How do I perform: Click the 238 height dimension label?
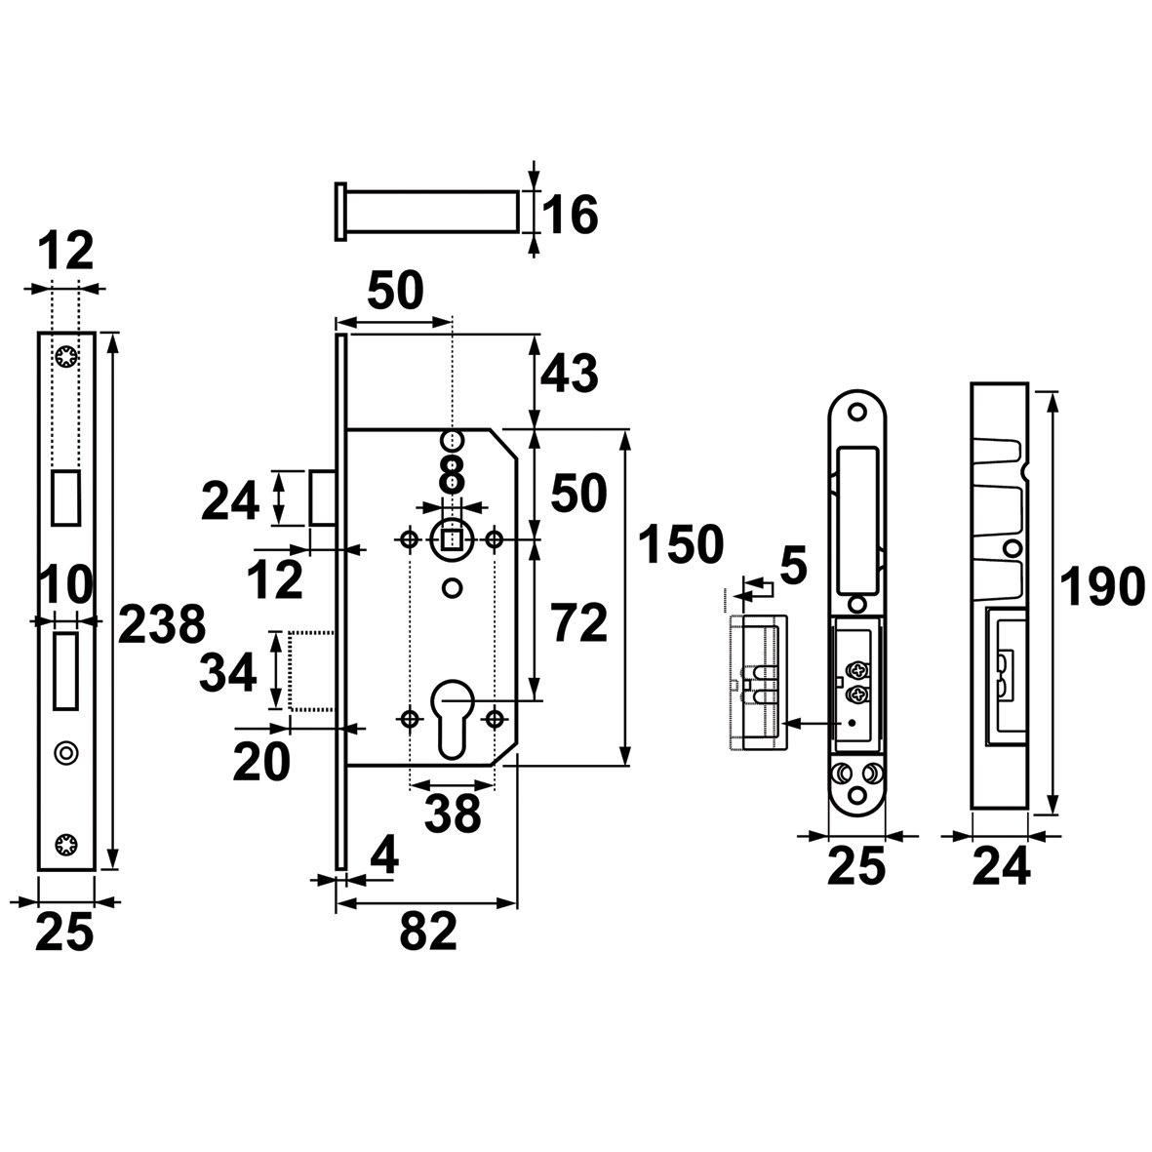[162, 625]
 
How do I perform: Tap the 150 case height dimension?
[681, 544]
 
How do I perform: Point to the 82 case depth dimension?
[428, 932]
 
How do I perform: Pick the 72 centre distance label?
[579, 623]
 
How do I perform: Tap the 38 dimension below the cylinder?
[453, 814]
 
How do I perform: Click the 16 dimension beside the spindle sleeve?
[570, 215]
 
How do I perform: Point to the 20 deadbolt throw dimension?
[261, 763]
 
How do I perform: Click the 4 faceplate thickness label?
[383, 855]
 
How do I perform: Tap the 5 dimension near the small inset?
[793, 567]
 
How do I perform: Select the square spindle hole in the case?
[452, 540]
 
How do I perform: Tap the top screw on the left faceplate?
[66, 359]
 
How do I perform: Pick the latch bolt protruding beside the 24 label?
[322, 497]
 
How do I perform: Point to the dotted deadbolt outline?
[312, 670]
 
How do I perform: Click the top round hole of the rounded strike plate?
[855, 413]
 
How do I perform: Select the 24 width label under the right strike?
[1001, 868]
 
